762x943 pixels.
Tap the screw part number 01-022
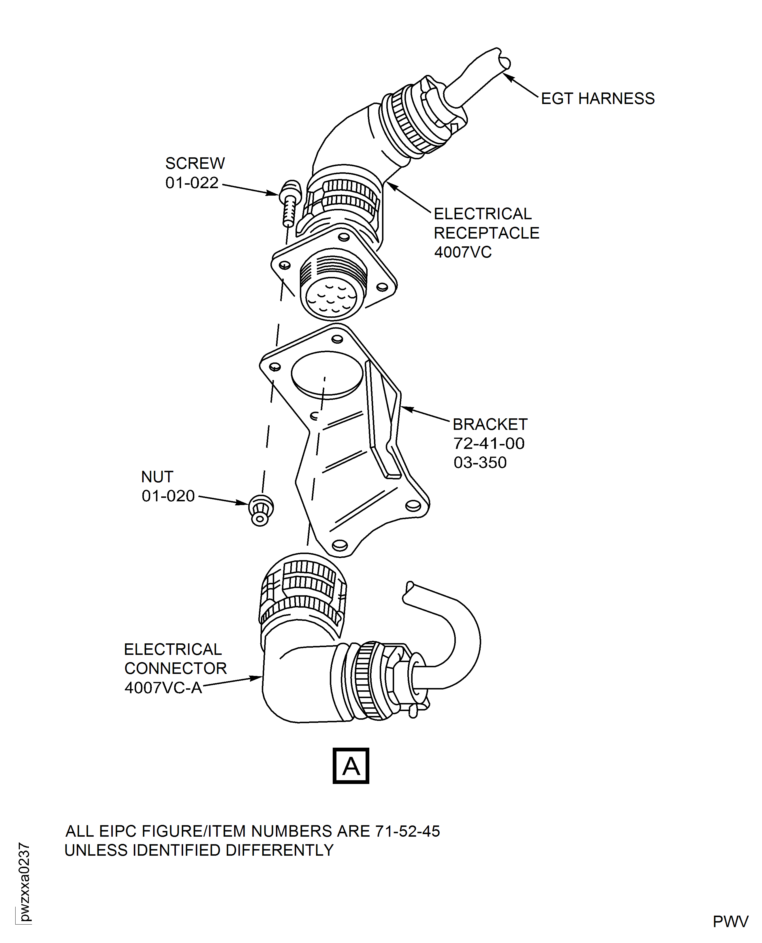tap(192, 183)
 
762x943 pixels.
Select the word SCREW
tap(195, 164)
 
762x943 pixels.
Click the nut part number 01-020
tap(168, 496)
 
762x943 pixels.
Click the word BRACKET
tap(490, 425)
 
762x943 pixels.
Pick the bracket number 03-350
tap(480, 463)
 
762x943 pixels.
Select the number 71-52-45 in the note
tap(407, 831)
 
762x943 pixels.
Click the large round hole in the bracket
tap(327, 375)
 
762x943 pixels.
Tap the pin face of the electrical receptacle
tap(332, 300)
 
